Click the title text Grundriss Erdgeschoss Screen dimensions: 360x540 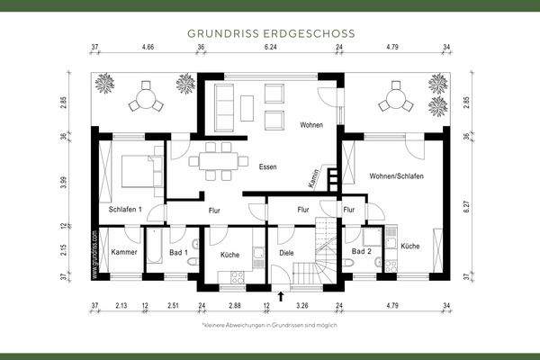(x=270, y=32)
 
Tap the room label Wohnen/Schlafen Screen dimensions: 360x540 (x=396, y=175)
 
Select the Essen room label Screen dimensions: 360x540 (x=267, y=167)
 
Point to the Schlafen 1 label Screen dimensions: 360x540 (x=125, y=209)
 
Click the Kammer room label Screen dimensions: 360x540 (x=124, y=252)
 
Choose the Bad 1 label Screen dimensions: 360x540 (x=178, y=252)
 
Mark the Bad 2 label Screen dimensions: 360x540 (x=362, y=252)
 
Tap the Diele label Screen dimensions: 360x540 (x=286, y=254)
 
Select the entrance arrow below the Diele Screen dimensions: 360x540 (x=282, y=293)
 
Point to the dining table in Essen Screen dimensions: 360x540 (x=217, y=160)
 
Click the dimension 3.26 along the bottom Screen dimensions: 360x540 (x=301, y=307)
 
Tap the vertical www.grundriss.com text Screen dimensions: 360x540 (x=94, y=256)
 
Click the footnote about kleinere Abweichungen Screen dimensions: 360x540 (x=270, y=324)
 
